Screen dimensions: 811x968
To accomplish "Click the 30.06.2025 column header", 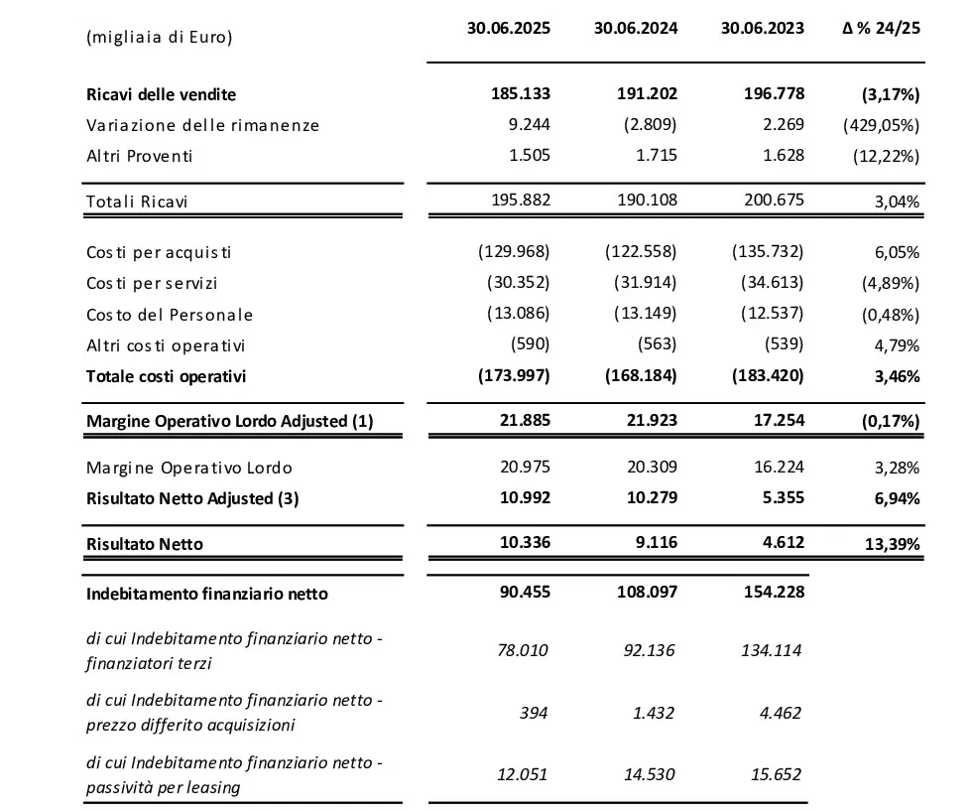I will coord(508,28).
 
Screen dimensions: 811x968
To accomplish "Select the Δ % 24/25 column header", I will coord(881,28).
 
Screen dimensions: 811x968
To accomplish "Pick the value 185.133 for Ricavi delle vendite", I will coord(520,94).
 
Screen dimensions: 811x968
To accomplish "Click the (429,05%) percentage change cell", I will coord(881,125).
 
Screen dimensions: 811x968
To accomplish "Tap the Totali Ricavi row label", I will coord(137,202).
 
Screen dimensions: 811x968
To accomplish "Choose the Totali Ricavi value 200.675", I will coord(774,201).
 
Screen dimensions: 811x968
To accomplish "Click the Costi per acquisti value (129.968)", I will coord(514,252).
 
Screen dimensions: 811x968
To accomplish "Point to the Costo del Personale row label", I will coord(169,315).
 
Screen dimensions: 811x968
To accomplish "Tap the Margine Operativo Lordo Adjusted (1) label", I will coord(229,421).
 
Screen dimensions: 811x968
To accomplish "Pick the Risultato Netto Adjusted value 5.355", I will coord(784,498).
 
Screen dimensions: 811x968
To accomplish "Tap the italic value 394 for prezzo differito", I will coord(533,713).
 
